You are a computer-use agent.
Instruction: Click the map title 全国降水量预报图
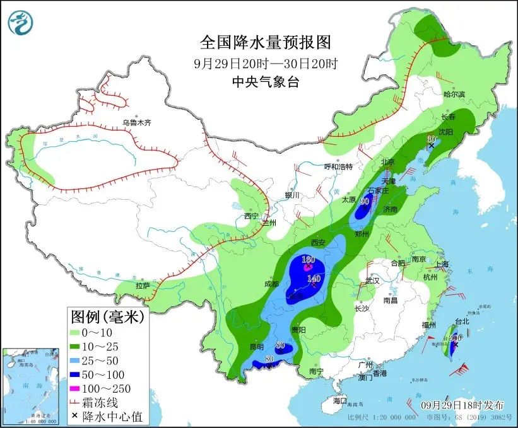[265, 42]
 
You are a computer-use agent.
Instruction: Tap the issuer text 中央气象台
[265, 81]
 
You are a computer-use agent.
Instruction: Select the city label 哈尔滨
[454, 94]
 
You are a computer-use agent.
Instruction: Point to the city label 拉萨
[143, 286]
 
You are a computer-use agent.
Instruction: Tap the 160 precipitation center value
[308, 260]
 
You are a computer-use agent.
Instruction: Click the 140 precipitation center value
[314, 278]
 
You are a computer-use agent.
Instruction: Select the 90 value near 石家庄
[364, 202]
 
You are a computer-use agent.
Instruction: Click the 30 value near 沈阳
[432, 139]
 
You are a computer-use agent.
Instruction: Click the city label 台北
[462, 321]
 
